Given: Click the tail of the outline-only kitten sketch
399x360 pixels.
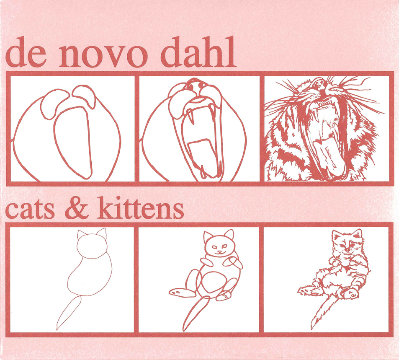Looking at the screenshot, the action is click(x=68, y=313).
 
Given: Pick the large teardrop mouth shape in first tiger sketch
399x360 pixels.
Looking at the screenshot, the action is click(x=74, y=142).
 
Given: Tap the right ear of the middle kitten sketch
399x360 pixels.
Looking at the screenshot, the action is click(x=229, y=234).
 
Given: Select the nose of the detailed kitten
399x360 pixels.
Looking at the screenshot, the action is click(x=347, y=249).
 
